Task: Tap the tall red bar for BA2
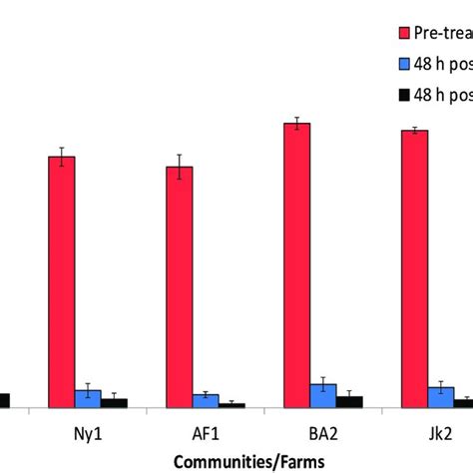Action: click(296, 264)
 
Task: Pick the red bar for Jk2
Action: click(414, 268)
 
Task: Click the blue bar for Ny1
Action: click(88, 398)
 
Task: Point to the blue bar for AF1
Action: click(206, 400)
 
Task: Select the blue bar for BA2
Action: click(323, 395)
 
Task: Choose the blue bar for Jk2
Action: click(441, 397)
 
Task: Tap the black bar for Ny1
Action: click(115, 402)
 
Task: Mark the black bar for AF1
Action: click(232, 405)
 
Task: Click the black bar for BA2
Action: click(349, 401)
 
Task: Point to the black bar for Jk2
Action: click(463, 403)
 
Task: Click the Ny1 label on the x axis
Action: click(88, 435)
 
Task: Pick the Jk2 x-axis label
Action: click(440, 435)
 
